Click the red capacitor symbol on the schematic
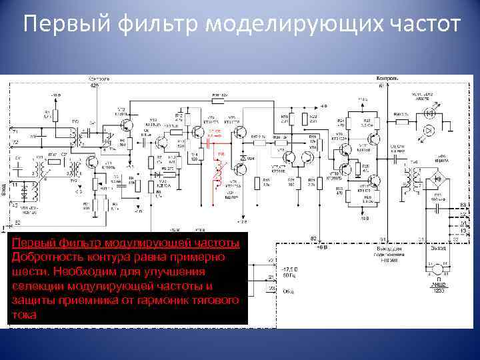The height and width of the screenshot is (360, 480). click(x=214, y=137)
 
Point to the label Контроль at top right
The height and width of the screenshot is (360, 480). click(x=389, y=79)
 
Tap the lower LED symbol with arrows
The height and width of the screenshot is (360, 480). click(x=430, y=129)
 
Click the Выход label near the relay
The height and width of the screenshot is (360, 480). click(x=438, y=247)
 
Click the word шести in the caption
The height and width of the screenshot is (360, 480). click(x=27, y=272)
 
